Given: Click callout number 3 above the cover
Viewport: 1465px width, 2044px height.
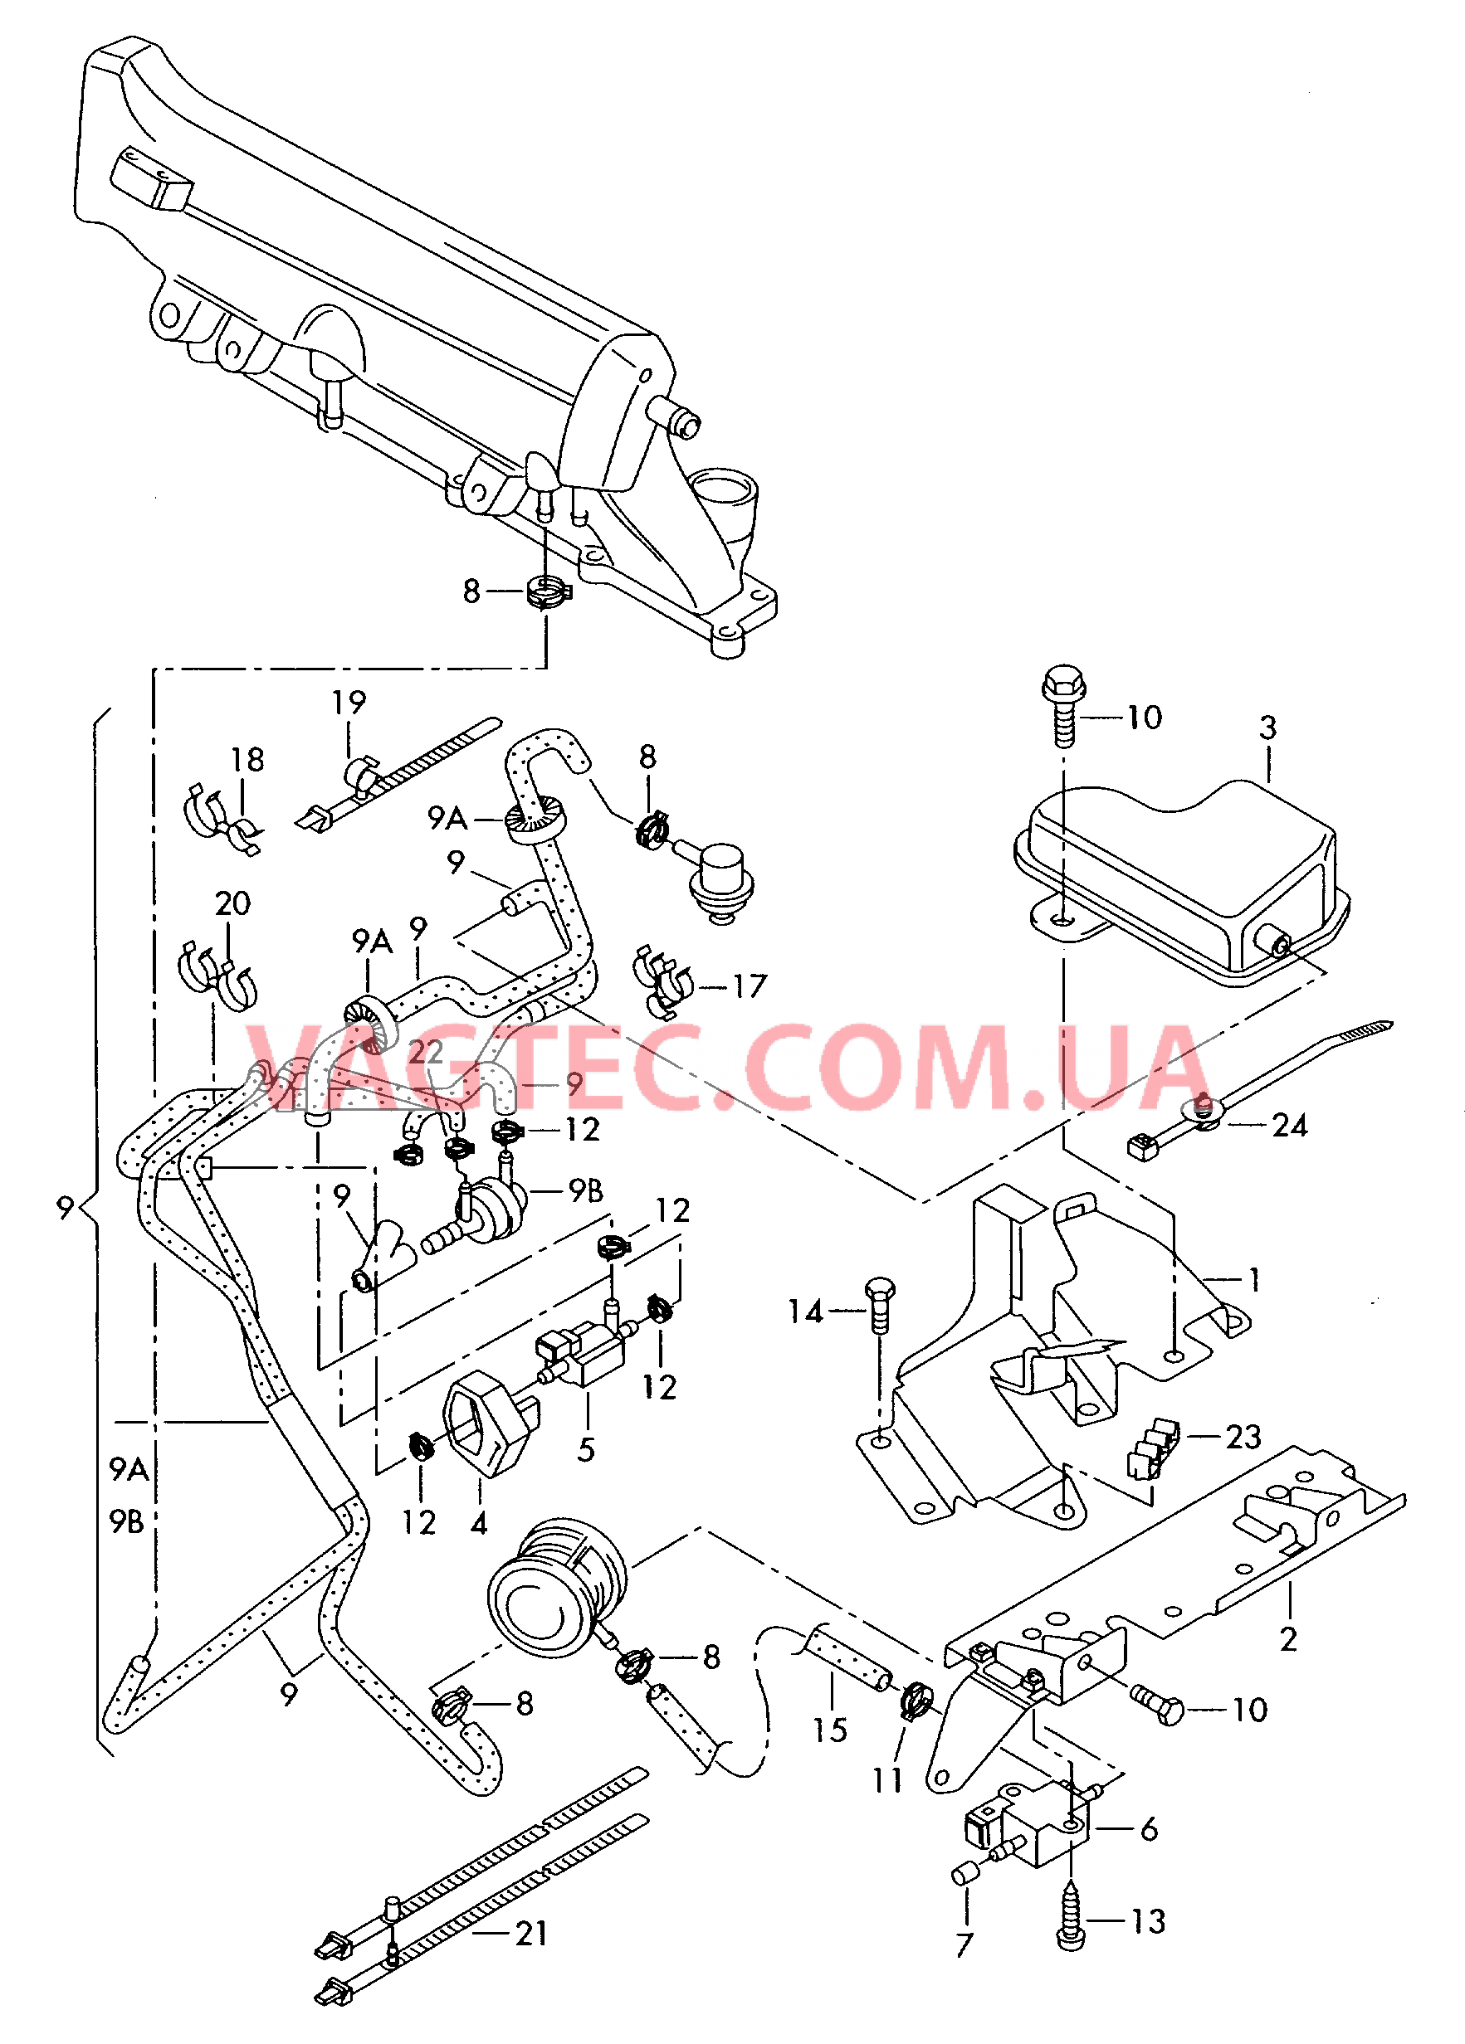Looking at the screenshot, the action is pos(1267,728).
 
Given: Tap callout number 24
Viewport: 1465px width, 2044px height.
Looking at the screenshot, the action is pos(1289,1125).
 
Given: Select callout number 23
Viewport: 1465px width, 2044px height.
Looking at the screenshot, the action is pos(1243,1437).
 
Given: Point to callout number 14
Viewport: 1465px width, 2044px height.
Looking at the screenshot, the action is pos(805,1312).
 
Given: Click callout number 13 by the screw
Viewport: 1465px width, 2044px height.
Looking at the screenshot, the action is pos(1149,1921).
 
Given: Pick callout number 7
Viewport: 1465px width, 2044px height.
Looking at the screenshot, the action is pos(964,1944).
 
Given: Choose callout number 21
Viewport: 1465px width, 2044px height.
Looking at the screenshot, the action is pos(531,1933).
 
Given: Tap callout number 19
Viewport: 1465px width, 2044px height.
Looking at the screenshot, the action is pos(349,702).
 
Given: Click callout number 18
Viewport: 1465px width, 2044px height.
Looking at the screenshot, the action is pos(248,760).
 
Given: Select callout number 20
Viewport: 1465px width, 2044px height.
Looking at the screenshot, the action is pos(232,903).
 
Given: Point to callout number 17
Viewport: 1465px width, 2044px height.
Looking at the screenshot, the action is pos(750,986).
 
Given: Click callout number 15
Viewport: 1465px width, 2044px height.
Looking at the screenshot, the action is pos(829,1730).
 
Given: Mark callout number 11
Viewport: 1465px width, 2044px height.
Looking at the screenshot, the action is pos(887,1780).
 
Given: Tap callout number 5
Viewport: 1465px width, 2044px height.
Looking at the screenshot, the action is pos(586,1449).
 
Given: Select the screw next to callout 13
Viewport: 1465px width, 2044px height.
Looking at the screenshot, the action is pos(1070,1926).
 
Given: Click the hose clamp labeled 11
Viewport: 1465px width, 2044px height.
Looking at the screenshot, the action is pos(917,1700).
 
